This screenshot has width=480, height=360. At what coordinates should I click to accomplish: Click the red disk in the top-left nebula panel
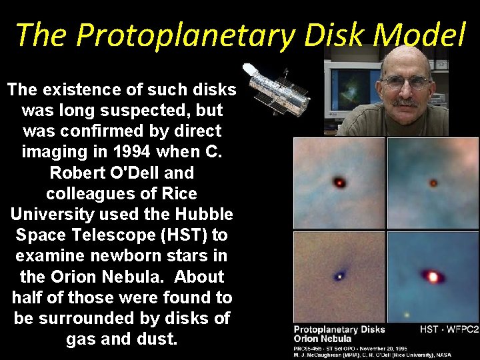point(340,182)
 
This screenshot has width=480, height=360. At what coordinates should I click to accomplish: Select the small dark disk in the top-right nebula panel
point(433,182)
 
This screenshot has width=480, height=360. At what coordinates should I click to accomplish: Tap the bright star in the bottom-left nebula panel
point(341,275)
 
